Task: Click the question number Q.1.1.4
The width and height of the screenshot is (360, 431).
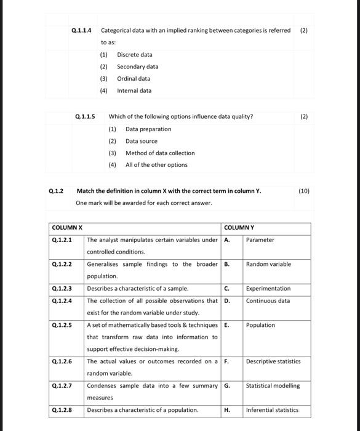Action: (81, 30)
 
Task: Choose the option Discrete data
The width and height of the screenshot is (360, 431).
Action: (134, 55)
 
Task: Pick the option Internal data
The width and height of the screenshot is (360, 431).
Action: (134, 91)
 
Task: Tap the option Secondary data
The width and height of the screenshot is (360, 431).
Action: (137, 66)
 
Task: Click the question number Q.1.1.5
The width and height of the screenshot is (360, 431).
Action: (85, 116)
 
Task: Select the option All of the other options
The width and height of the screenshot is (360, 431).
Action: (156, 165)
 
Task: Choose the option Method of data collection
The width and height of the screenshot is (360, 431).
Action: (160, 153)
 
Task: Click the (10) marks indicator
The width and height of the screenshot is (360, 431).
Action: (304, 191)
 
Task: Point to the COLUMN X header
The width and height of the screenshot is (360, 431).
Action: (68, 228)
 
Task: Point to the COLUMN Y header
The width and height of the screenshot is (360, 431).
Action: (239, 228)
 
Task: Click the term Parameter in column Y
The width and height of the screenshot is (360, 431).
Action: (260, 240)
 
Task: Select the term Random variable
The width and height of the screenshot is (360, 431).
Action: (268, 264)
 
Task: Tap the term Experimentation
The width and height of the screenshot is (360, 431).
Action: (269, 289)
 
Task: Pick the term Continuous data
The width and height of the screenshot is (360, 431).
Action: (268, 301)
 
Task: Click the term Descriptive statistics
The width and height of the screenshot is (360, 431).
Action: (273, 361)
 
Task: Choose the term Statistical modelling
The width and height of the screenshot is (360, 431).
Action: (273, 386)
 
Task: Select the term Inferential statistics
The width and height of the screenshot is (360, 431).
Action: (272, 410)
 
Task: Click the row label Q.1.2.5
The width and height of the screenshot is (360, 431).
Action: (62, 325)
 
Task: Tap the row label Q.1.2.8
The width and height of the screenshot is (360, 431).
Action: (62, 410)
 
